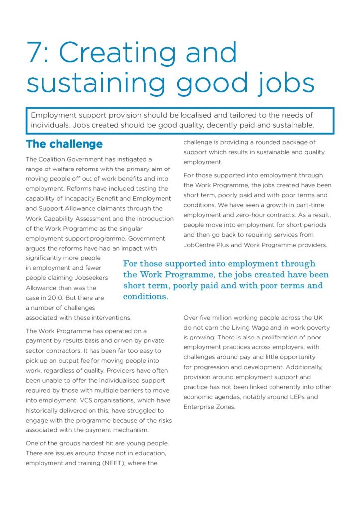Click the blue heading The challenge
pyautogui.click(x=64, y=144)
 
